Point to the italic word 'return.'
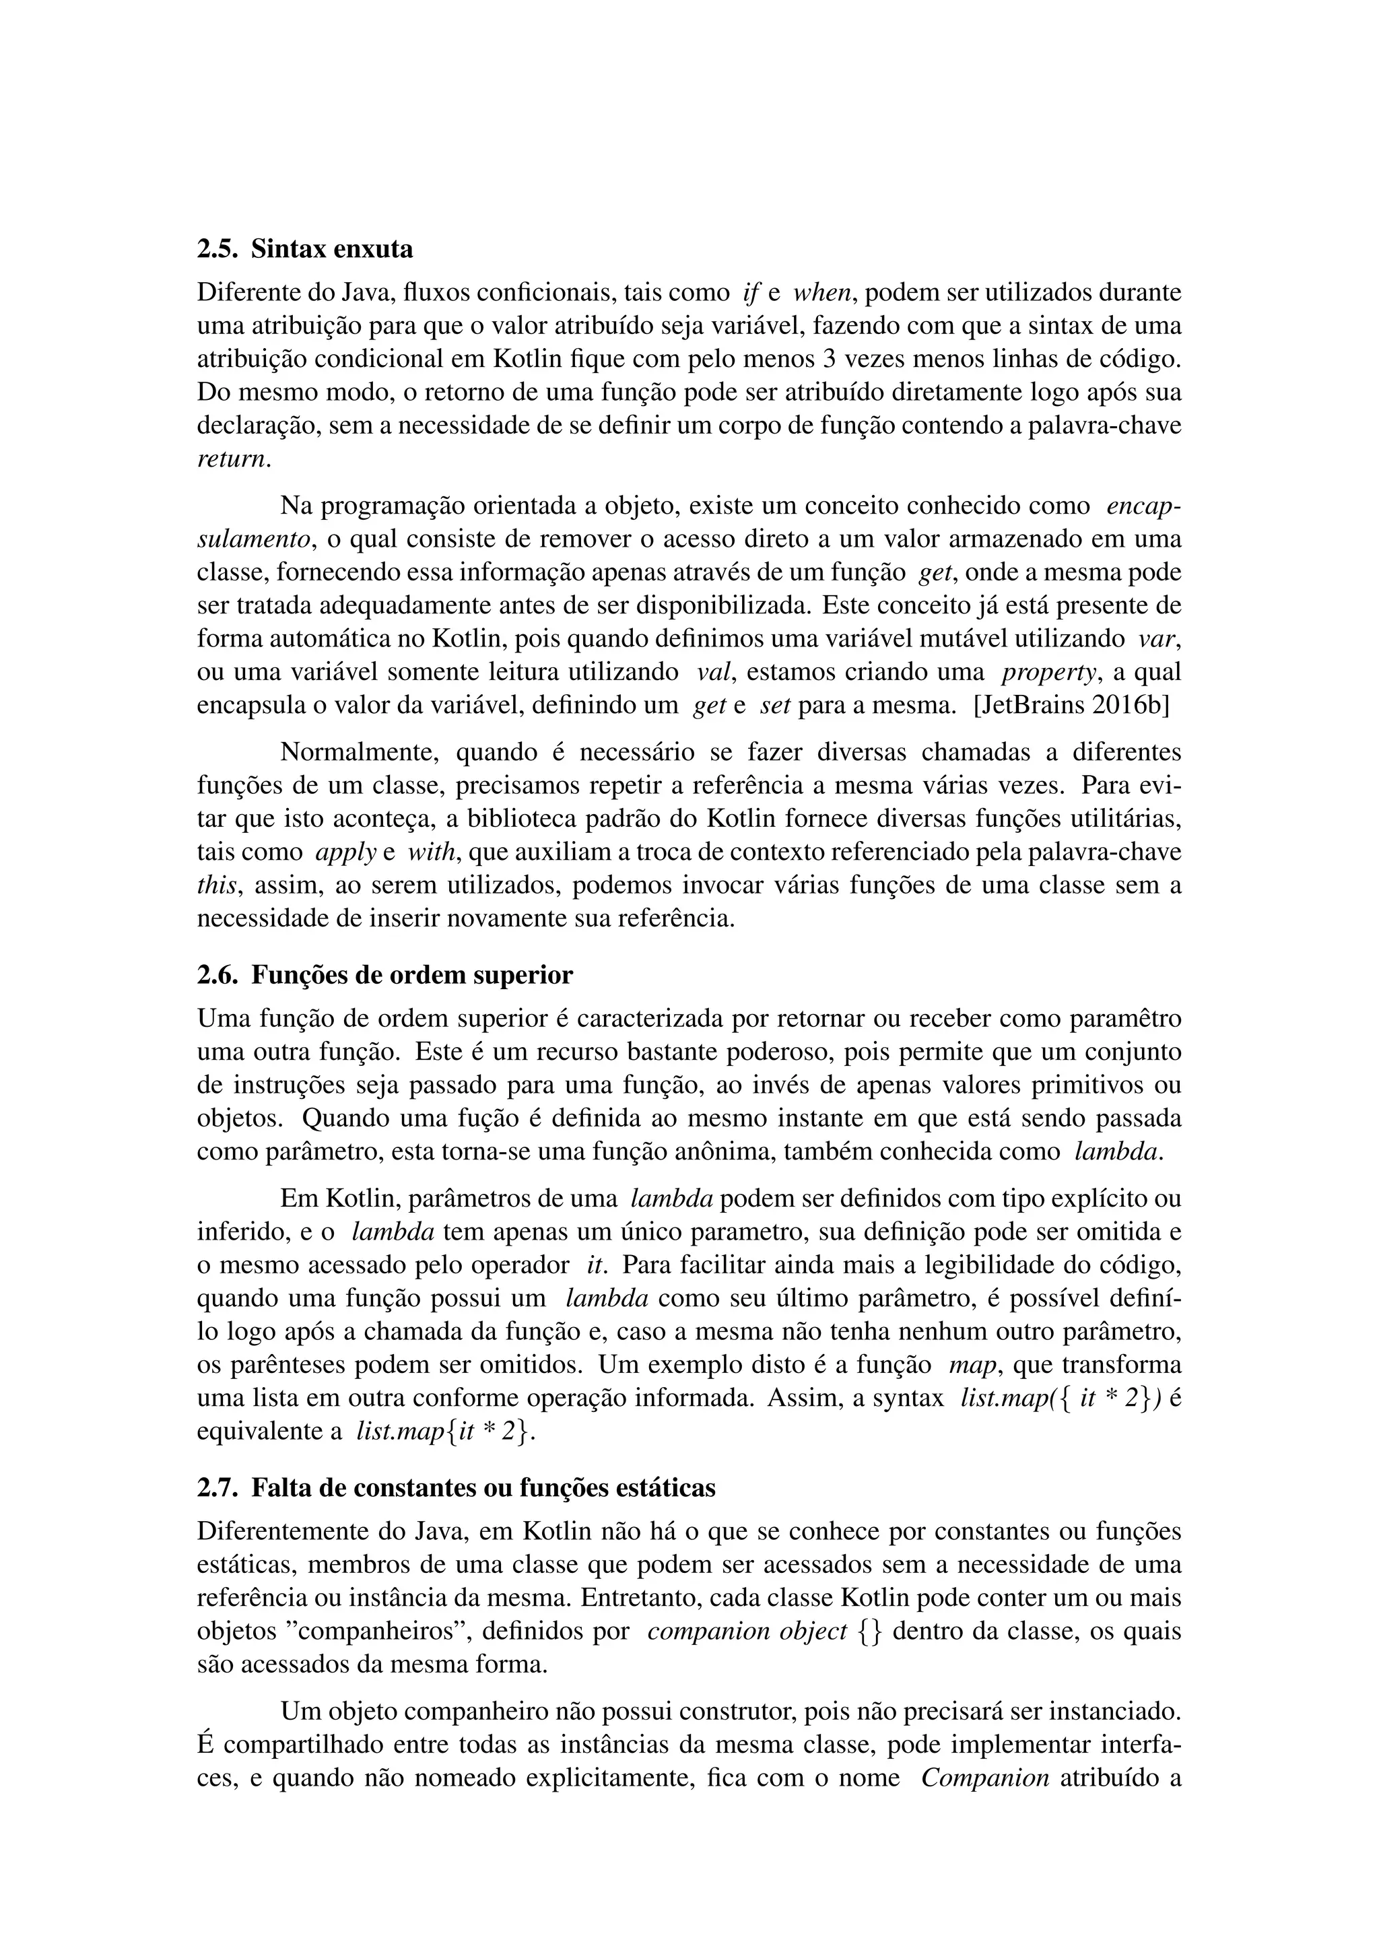[x=234, y=459]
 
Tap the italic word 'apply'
[x=345, y=852]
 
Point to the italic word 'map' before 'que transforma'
[x=970, y=1366]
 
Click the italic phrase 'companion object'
[x=747, y=1632]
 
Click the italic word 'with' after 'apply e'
[x=433, y=852]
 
